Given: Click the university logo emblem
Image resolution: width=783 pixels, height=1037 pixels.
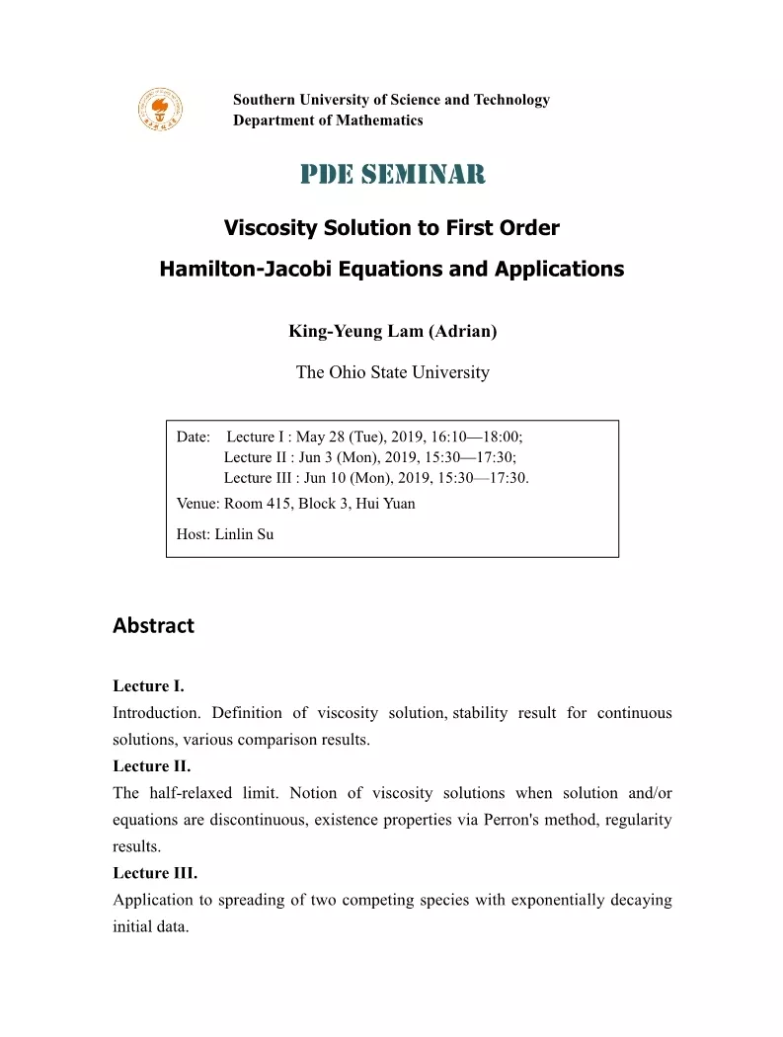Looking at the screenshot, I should pyautogui.click(x=160, y=109).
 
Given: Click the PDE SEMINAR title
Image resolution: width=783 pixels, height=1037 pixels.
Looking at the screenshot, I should pyautogui.click(x=393, y=175).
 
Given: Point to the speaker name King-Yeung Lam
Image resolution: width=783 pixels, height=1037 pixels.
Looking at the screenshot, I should pyautogui.click(x=355, y=331).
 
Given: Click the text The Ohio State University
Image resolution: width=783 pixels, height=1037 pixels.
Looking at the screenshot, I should pyautogui.click(x=392, y=372).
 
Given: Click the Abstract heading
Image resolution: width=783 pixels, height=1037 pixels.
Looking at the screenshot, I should pyautogui.click(x=153, y=625).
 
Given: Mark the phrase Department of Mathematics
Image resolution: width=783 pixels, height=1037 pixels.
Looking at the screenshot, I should pyautogui.click(x=328, y=120).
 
